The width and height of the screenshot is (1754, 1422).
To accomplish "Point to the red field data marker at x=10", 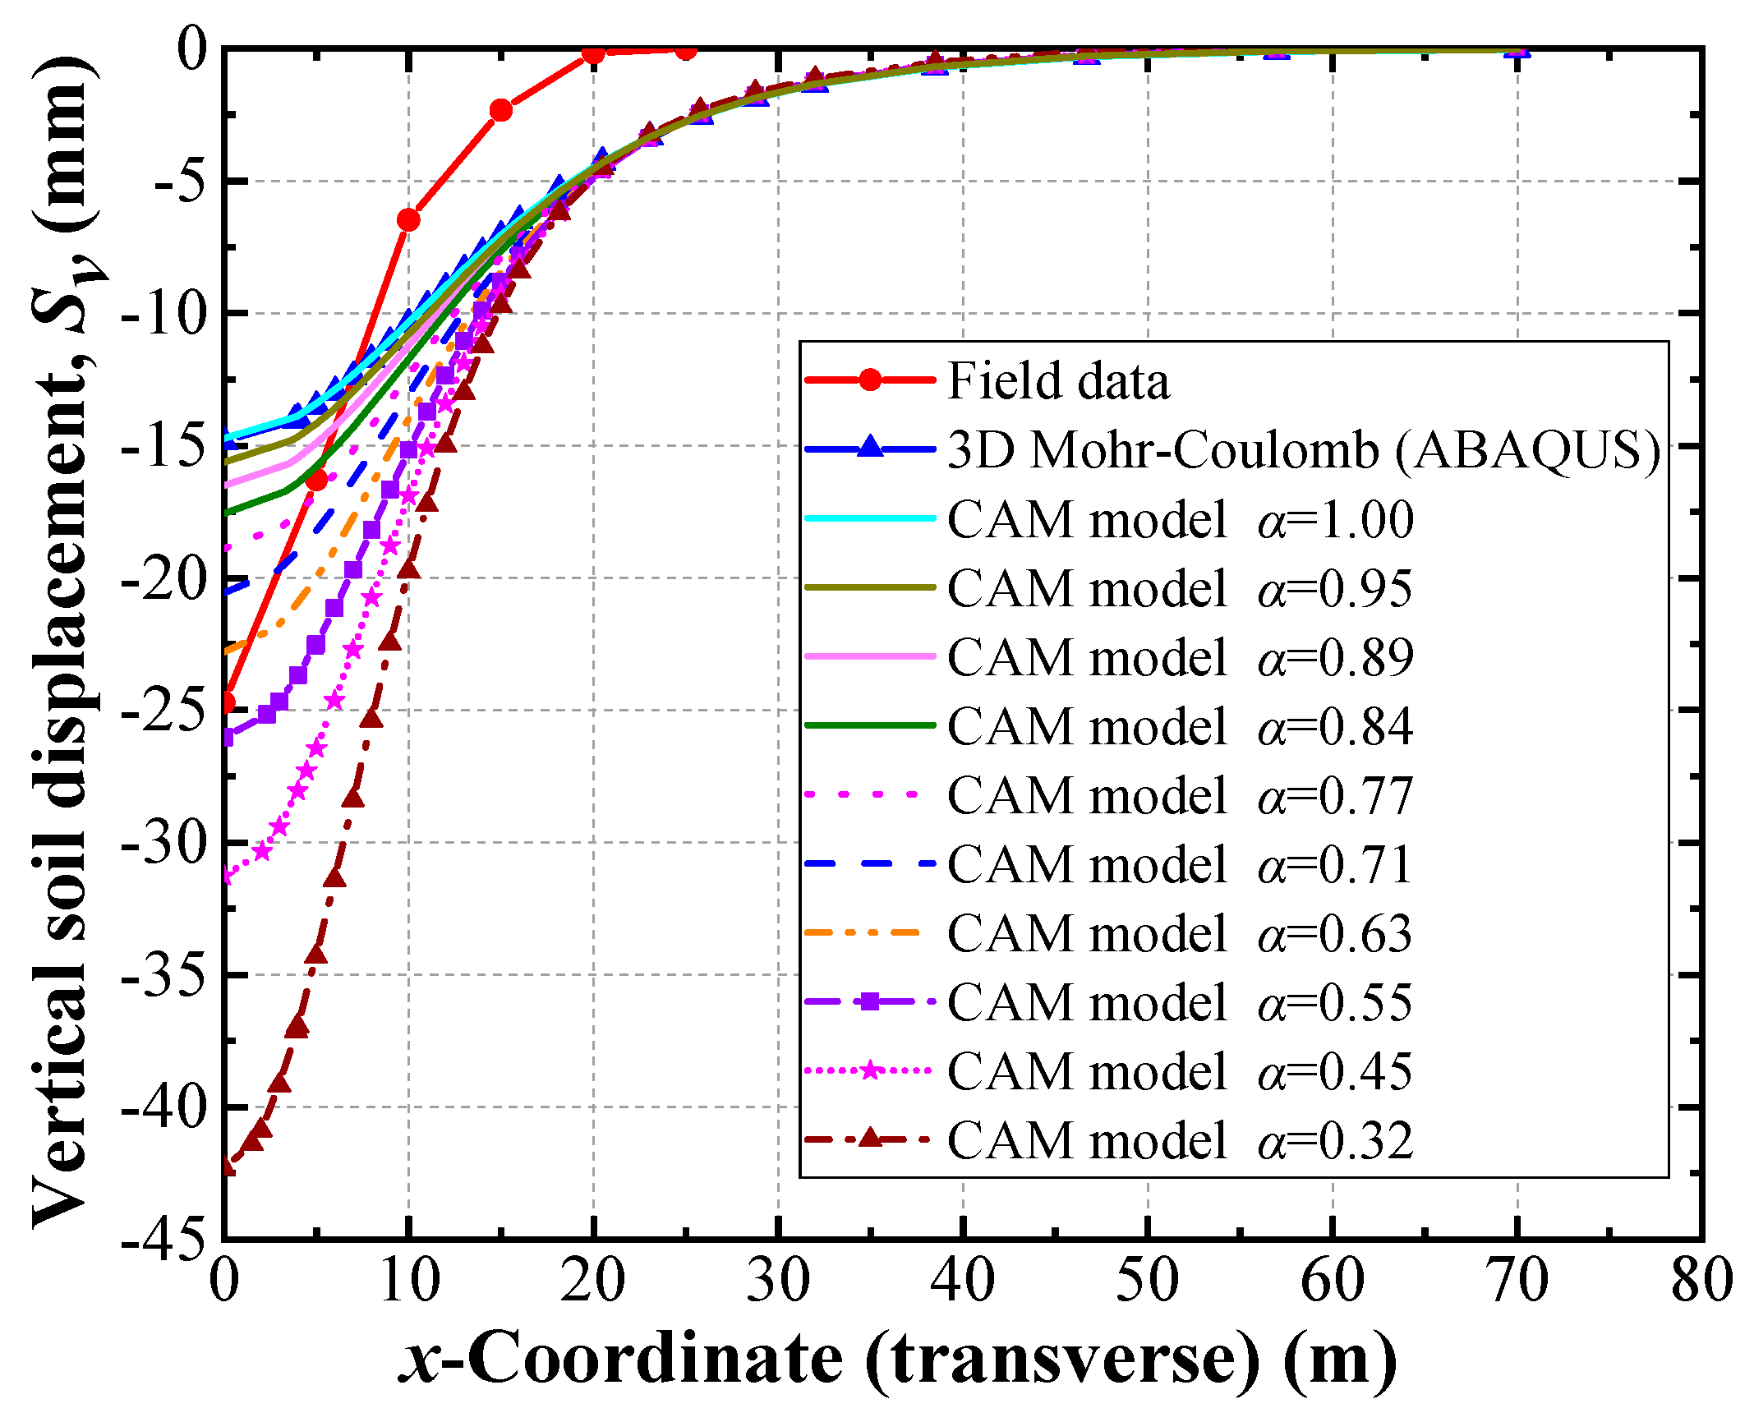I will (x=408, y=220).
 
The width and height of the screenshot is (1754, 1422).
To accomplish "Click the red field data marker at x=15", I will (x=500, y=110).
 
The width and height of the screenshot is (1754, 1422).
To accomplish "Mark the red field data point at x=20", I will (x=593, y=53).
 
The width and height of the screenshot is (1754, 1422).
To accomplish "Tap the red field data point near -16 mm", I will (x=316, y=480).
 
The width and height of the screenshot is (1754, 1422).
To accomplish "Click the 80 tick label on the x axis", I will (x=1701, y=1282).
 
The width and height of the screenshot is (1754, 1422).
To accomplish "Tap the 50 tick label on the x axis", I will (x=1148, y=1282).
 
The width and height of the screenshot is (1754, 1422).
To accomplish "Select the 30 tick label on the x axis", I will (x=778, y=1282).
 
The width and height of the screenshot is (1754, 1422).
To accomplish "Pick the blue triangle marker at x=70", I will (x=1517, y=51).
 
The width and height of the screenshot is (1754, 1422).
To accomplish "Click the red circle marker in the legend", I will (x=870, y=380).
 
